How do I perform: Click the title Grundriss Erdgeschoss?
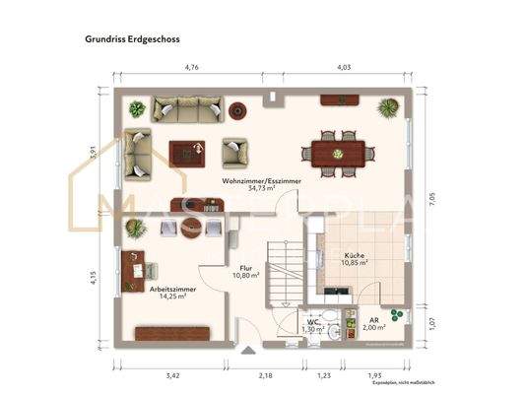[x=126, y=40]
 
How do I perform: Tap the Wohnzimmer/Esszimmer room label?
[x=262, y=181]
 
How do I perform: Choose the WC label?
[x=312, y=321]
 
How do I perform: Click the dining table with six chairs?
[x=338, y=153]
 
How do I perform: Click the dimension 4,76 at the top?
[x=193, y=68]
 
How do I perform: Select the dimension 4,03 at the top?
[x=344, y=68]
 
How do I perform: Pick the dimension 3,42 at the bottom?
[x=173, y=375]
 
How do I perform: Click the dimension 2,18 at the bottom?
[x=265, y=375]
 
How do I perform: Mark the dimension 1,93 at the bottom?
[x=374, y=375]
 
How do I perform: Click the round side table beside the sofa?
[x=238, y=108]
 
